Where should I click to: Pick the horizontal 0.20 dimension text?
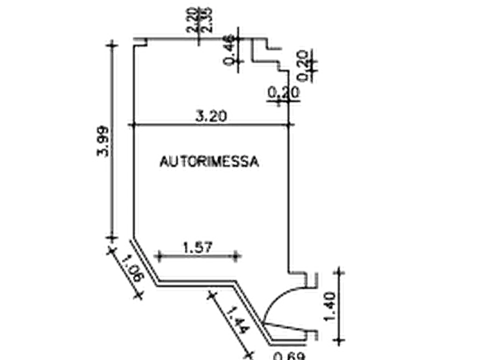click(x=283, y=93)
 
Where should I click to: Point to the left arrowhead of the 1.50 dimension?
click(x=160, y=257)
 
